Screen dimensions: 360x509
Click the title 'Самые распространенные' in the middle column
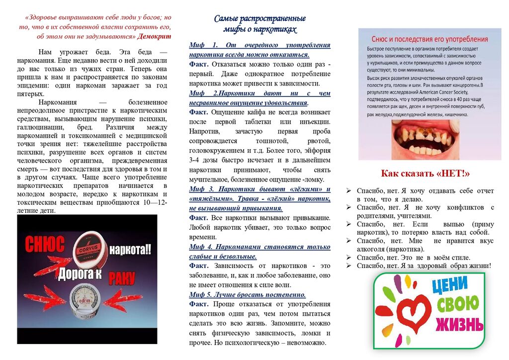pos(259,19)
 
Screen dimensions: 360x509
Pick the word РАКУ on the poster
pos(122,277)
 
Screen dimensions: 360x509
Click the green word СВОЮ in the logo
pos(457,303)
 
